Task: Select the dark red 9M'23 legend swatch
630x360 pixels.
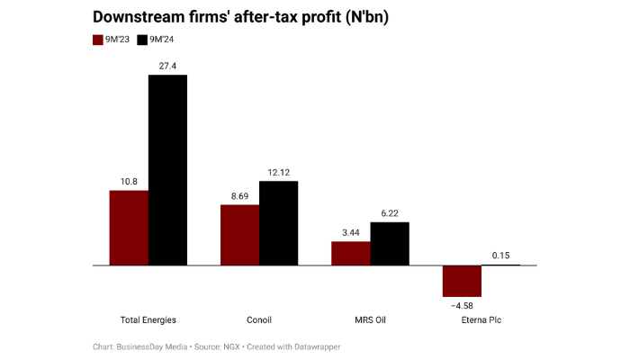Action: pos(99,40)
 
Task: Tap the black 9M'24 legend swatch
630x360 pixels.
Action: pos(143,40)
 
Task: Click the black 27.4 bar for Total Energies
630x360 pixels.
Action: pos(167,170)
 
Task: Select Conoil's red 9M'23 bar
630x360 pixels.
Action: pos(239,235)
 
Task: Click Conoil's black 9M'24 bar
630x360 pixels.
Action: pos(278,223)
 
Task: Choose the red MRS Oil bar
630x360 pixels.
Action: pos(351,253)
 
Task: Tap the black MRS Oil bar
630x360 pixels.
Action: pos(390,244)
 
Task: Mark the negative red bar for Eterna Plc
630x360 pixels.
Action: pos(462,281)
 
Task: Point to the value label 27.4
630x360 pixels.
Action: pos(167,66)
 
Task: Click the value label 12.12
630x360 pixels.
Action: pos(278,172)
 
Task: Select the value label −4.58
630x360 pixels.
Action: pos(461,305)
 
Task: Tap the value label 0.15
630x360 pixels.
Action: pos(500,256)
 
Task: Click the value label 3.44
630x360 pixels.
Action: pos(351,232)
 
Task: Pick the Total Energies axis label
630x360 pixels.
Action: pos(148,319)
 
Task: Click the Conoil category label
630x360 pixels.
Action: pos(259,319)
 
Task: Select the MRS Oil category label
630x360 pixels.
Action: pos(370,319)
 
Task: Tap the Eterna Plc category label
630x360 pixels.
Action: pos(481,319)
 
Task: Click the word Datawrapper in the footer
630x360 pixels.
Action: pos(315,346)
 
